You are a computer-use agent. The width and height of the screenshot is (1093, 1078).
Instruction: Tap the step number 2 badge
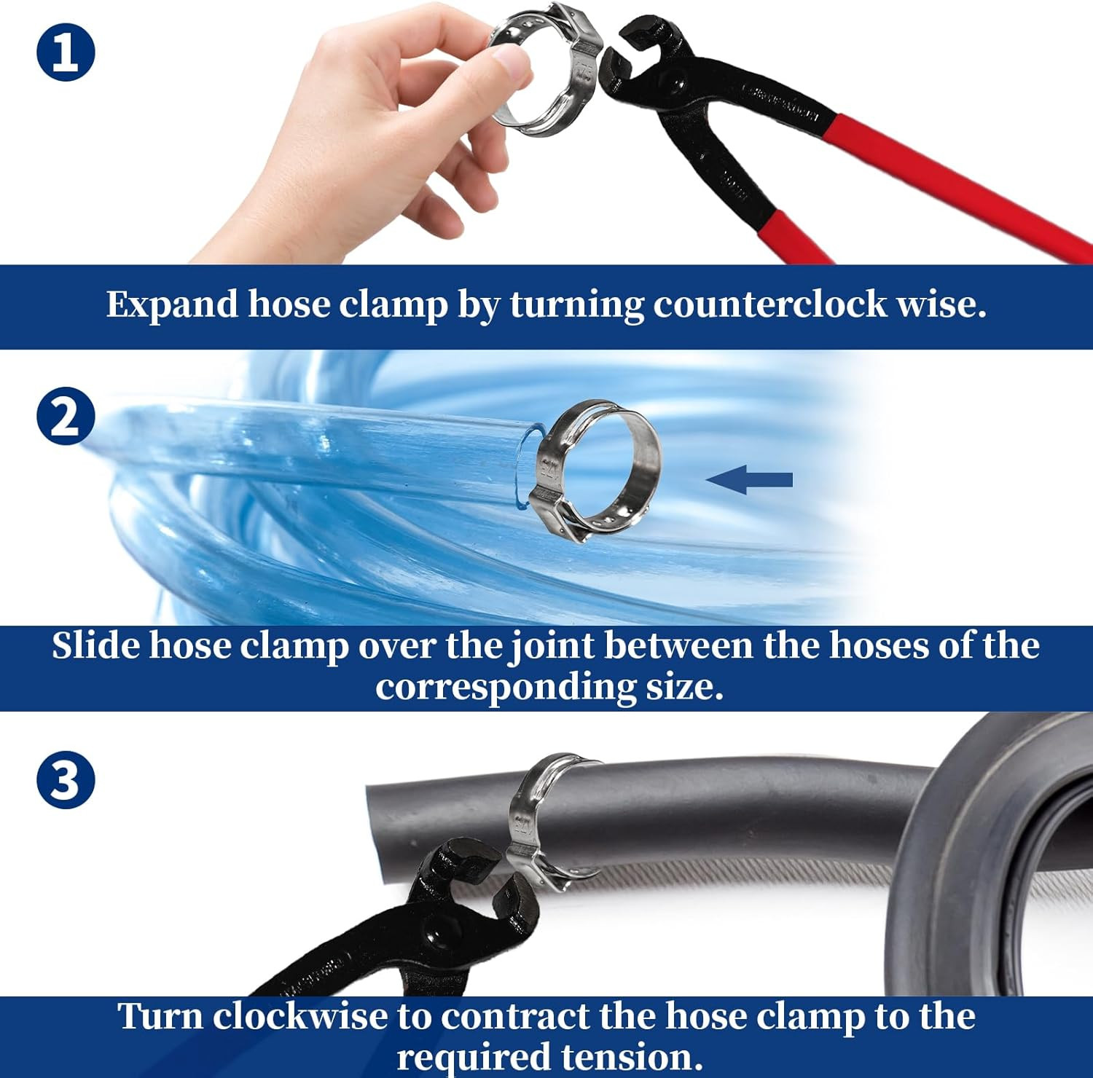pos(66,415)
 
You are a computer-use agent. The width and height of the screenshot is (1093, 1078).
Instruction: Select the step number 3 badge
pos(66,779)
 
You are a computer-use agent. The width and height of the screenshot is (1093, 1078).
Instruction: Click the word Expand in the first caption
pos(172,304)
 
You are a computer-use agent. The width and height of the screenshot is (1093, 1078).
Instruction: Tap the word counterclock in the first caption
pos(769,304)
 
